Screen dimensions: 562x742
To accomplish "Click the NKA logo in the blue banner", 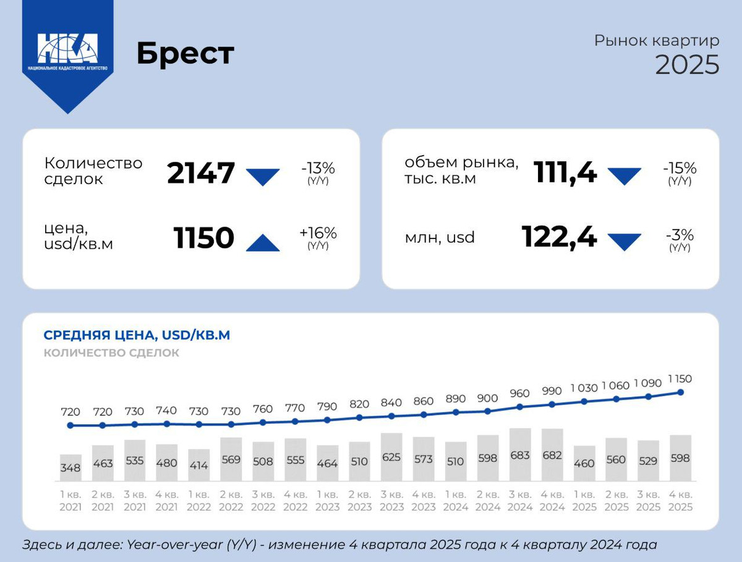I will pos(67,49).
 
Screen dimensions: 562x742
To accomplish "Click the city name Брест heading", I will pos(185,54).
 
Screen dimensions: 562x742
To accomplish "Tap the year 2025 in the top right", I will pos(687,65).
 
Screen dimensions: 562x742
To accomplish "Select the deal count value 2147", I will pos(201,173).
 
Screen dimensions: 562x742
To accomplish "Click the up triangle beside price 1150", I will pos(263,243).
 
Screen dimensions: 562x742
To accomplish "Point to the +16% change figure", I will pos(318,233).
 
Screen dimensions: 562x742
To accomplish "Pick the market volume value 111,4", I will pos(565,173).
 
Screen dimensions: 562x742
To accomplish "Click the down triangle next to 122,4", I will pos(625,241).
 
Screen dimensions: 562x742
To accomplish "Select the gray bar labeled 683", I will pos(520,455).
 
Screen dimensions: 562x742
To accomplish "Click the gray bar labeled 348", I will pos(70,468).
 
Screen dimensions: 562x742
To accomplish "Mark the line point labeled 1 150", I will pos(681,392).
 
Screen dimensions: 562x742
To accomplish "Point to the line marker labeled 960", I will pos(520,407).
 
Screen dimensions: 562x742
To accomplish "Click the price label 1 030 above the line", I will pos(584,388).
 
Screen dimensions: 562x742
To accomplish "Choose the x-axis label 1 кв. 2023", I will pos(327,500).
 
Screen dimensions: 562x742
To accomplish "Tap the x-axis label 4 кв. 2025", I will pos(680,500).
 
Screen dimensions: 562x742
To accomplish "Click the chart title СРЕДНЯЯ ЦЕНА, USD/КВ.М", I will pos(137,335).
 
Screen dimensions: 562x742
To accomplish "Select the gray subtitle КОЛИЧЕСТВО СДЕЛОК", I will pos(111,353).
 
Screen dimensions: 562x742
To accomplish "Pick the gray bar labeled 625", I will pos(391,457).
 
